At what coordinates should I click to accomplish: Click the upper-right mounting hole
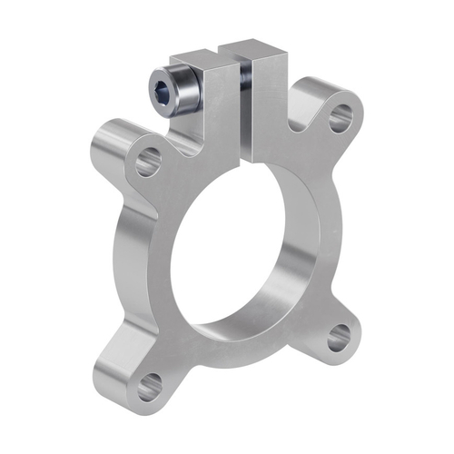click(341, 116)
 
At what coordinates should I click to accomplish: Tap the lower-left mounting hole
click(151, 381)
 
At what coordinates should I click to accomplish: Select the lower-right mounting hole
click(339, 338)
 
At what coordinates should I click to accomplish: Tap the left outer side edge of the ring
click(118, 263)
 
